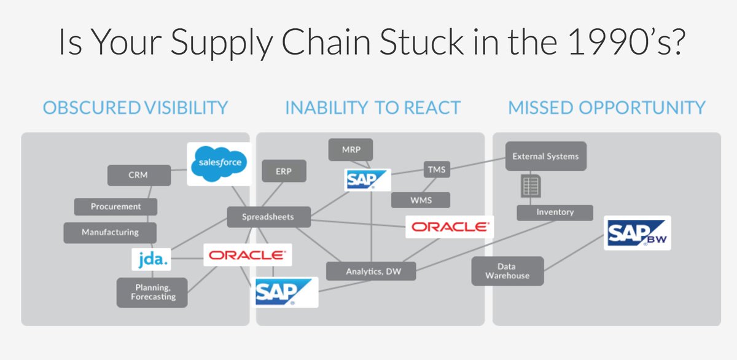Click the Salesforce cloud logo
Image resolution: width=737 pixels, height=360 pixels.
pyautogui.click(x=219, y=163)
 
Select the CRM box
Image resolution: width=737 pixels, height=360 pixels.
pyautogui.click(x=130, y=175)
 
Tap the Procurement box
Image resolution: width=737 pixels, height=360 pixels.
pyautogui.click(x=115, y=206)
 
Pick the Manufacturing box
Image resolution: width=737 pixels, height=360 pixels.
pyautogui.click(x=110, y=232)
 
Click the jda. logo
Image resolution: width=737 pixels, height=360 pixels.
pyautogui.click(x=151, y=259)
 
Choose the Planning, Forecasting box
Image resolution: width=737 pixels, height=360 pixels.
pyautogui.click(x=152, y=292)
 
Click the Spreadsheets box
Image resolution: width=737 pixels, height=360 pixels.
pyautogui.click(x=268, y=217)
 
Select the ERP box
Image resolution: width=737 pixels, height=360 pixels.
pyautogui.click(x=284, y=171)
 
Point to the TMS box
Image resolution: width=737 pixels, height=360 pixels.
pyautogui.click(x=437, y=169)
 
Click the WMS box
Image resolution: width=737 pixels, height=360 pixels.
pyautogui.click(x=421, y=200)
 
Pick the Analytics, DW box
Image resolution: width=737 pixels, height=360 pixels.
pyautogui.click(x=372, y=271)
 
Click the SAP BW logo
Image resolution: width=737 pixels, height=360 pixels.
pyautogui.click(x=638, y=233)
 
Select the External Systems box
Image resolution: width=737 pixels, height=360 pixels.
pyautogui.click(x=545, y=156)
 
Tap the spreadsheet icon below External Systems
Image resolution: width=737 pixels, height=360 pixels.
pyautogui.click(x=530, y=185)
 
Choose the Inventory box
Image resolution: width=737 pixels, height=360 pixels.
pyautogui.click(x=555, y=212)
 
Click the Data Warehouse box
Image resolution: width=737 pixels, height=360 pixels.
pyautogui.click(x=507, y=271)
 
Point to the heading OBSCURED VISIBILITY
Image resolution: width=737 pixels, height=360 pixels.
pyautogui.click(x=135, y=108)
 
